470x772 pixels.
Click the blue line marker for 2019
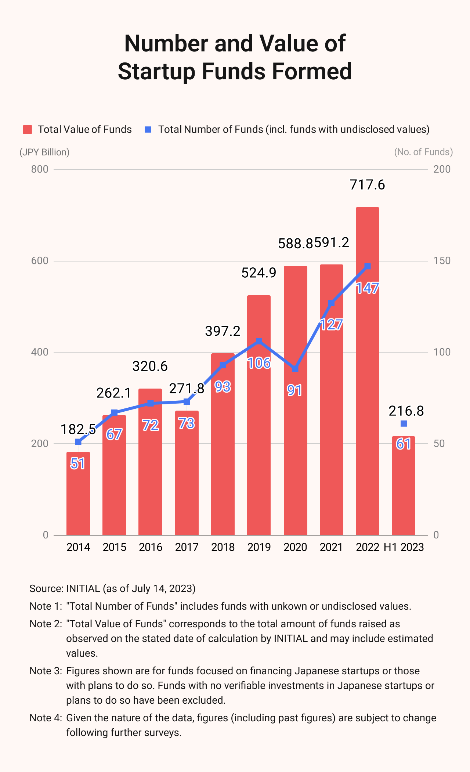(x=259, y=341)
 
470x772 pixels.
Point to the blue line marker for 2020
(x=295, y=368)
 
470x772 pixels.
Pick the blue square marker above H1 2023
(x=404, y=423)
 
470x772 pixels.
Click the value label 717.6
(x=367, y=185)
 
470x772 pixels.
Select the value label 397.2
(x=223, y=331)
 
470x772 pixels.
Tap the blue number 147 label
(x=367, y=288)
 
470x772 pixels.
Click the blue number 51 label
(x=78, y=463)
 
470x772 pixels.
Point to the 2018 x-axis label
(x=223, y=547)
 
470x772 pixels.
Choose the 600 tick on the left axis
(x=40, y=261)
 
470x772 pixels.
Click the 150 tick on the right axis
(x=442, y=261)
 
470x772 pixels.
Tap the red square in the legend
(x=28, y=129)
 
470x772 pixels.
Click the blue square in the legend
(x=148, y=129)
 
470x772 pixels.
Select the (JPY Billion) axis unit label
(x=44, y=152)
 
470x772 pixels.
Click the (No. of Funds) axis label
(x=423, y=152)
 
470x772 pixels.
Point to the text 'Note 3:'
(x=46, y=671)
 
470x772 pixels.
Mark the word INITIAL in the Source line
(x=83, y=588)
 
